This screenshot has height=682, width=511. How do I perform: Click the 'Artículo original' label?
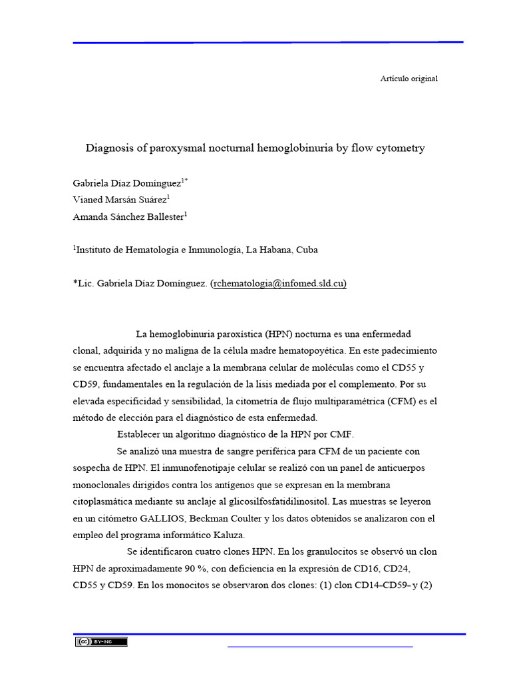tap(409, 79)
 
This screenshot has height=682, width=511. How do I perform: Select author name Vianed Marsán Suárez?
tap(120, 198)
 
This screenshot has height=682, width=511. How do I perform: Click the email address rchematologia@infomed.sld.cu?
tap(278, 284)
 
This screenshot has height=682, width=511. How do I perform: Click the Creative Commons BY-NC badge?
tap(101, 641)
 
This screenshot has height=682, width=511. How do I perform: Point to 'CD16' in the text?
tap(357, 568)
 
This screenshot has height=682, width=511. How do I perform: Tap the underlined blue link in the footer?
tap(320, 645)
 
